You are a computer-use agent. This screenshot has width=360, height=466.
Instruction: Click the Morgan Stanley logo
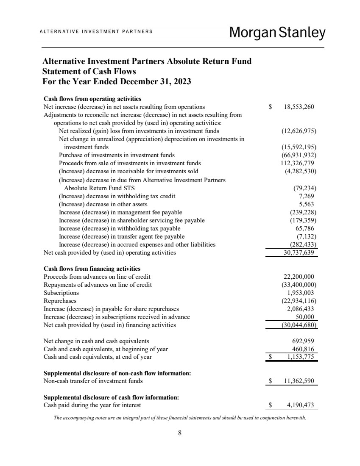277,33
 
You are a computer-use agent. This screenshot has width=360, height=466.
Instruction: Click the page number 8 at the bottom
180,433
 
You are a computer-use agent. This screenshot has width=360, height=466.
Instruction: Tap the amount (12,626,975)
299,131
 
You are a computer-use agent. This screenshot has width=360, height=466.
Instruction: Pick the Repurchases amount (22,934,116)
299,301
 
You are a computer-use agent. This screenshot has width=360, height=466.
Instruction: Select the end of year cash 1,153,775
300,357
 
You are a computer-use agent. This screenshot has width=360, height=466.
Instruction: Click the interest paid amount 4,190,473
300,405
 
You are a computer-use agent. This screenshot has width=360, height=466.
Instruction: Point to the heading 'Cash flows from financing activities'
92,269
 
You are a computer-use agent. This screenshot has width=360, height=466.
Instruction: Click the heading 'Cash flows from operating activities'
92,99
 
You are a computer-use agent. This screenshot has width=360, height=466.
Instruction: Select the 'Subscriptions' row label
61,293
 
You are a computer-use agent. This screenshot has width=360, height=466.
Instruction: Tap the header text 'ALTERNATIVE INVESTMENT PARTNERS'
96,32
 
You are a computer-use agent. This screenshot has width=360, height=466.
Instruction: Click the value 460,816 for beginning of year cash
303,349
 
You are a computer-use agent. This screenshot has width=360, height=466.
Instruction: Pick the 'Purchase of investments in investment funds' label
117,155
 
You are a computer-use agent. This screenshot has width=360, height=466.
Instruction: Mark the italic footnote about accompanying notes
180,417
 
